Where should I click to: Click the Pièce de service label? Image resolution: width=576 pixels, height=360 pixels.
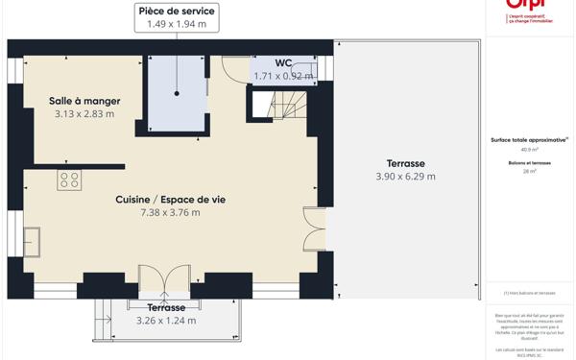(x=177, y=11)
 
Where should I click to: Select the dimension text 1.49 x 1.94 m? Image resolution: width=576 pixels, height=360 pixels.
(x=177, y=24)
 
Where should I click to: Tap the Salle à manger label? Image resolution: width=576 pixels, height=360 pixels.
(x=84, y=100)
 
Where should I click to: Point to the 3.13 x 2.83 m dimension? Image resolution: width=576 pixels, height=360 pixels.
(x=84, y=113)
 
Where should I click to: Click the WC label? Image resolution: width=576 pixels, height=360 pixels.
(x=283, y=63)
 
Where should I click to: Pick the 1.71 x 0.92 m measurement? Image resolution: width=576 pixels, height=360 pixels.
(x=283, y=76)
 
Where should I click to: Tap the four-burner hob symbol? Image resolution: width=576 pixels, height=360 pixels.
(x=69, y=180)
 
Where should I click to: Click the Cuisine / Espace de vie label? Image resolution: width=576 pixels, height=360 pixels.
(x=170, y=200)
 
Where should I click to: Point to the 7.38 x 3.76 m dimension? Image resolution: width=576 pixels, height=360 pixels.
(x=170, y=213)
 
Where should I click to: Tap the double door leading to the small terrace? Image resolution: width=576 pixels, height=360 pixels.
(x=165, y=278)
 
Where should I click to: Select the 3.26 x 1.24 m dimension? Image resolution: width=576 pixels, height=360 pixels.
(x=166, y=321)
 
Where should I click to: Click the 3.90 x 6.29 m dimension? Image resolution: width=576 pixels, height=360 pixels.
(x=405, y=177)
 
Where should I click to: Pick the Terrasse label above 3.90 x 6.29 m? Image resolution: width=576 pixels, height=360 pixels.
(x=405, y=163)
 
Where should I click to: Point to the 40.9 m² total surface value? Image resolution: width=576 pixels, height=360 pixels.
(x=529, y=150)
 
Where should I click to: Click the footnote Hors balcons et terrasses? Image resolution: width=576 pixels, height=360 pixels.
(x=530, y=293)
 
